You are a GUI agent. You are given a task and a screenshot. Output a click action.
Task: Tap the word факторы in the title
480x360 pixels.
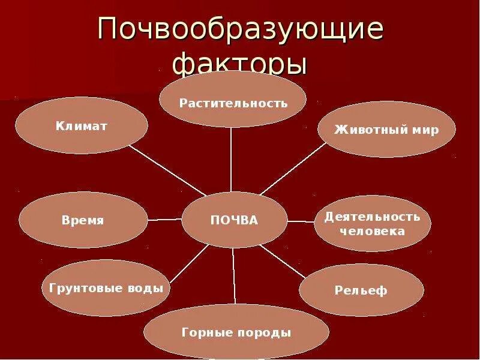(240, 63)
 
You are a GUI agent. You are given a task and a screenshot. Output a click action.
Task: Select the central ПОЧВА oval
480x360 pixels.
(234, 220)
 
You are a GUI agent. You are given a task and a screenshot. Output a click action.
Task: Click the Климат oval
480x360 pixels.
(81, 125)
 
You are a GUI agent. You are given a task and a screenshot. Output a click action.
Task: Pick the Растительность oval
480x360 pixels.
(233, 102)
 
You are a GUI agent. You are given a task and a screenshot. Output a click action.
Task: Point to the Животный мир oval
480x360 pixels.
(386, 130)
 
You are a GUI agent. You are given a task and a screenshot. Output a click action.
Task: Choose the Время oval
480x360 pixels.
(83, 220)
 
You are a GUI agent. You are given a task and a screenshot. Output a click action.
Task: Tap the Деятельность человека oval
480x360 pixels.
(372, 223)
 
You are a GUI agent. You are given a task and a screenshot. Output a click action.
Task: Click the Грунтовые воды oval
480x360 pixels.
(106, 288)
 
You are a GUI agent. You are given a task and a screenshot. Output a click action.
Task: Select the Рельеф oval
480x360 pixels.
(361, 290)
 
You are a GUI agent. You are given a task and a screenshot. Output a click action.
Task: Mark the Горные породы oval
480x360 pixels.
(236, 332)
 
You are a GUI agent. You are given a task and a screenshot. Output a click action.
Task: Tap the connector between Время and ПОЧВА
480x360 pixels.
(164, 220)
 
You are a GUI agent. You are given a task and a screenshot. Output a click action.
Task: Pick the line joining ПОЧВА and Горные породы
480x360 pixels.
(234, 276)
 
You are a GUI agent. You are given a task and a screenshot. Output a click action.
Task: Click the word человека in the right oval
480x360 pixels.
(372, 231)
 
